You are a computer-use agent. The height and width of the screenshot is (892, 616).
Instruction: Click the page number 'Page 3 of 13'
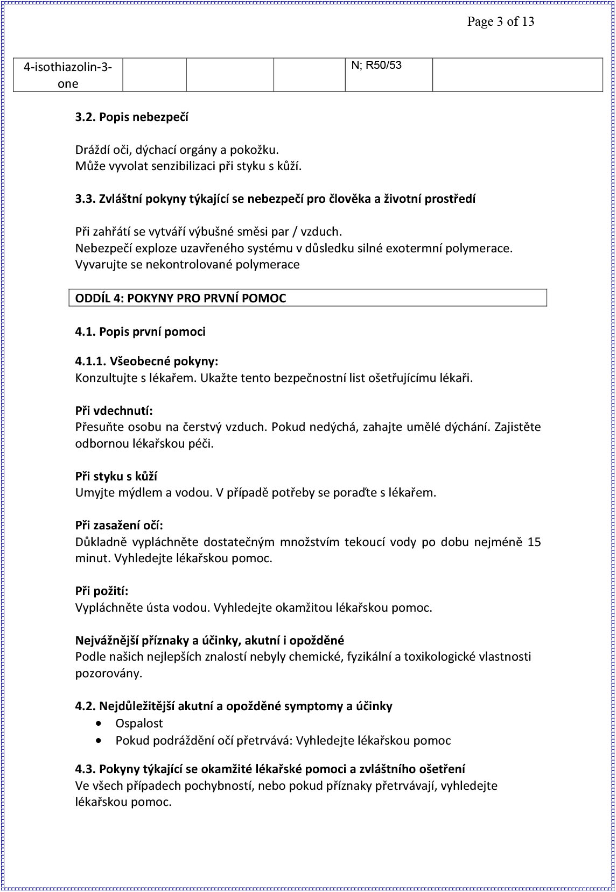pos(500,22)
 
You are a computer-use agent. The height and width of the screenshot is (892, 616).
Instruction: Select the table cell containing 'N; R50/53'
pos(388,74)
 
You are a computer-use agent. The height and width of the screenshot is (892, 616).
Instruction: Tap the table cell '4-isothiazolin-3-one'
pos(68,75)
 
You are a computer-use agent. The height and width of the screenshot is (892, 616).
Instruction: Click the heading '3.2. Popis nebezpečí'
pos(131,117)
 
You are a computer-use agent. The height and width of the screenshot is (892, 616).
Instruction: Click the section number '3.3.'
pos(85,199)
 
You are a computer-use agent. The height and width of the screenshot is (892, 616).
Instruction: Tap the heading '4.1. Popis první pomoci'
pos(140,331)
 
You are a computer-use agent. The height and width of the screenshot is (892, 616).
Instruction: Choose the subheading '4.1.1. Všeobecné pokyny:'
pos(146,361)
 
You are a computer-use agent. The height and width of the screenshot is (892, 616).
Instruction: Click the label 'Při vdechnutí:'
pos(114,410)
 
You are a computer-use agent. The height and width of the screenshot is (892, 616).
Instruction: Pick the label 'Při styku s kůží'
pos(116,476)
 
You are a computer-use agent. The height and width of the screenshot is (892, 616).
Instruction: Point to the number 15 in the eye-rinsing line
pos(534,542)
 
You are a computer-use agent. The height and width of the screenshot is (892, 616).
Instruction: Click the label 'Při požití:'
pos(102,591)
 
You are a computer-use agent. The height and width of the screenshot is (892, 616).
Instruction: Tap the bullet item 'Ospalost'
pos(139,723)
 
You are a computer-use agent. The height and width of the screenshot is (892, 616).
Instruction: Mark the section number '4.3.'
pos(85,769)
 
